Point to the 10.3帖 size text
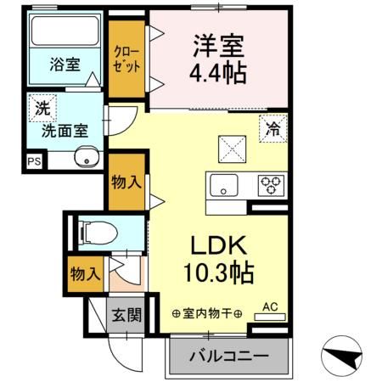(x=218, y=273)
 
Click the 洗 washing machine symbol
(x=41, y=108)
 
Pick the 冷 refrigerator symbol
(x=272, y=130)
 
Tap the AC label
(x=270, y=306)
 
